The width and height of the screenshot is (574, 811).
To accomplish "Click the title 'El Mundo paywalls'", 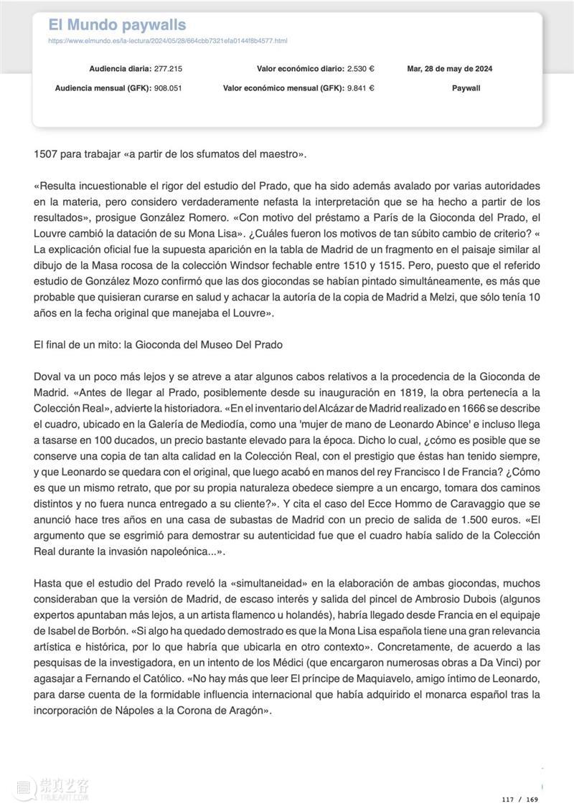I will (x=117, y=25).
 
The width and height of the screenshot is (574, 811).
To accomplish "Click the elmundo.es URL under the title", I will (x=167, y=41).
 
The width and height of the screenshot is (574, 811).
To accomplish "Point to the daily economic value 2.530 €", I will (x=361, y=69).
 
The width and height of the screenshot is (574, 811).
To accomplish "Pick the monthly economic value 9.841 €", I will (x=361, y=88).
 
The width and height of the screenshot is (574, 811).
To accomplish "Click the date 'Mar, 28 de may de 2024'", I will (x=450, y=69).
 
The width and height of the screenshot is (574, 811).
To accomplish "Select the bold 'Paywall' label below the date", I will (x=466, y=88).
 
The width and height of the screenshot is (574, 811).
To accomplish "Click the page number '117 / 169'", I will (x=520, y=799).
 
